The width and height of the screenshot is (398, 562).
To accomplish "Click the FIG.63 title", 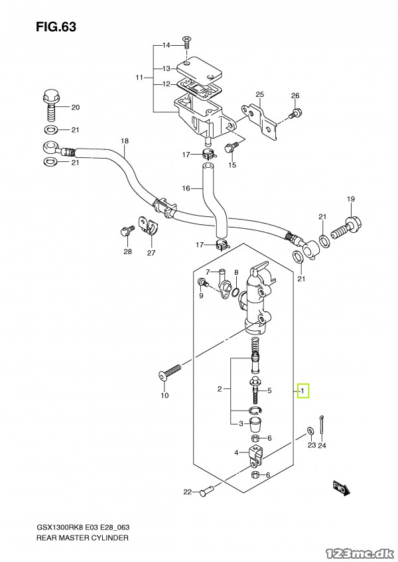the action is pyautogui.click(x=56, y=27).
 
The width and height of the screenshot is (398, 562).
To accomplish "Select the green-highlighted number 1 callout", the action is pyautogui.click(x=303, y=391).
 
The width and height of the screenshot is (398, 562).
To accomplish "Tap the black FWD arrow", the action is pyautogui.click(x=341, y=488).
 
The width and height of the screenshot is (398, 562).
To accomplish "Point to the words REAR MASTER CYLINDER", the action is pyautogui.click(x=82, y=537).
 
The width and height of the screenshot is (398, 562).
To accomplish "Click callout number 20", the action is pyautogui.click(x=75, y=107).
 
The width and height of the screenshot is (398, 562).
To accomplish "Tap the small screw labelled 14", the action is pyautogui.click(x=186, y=43).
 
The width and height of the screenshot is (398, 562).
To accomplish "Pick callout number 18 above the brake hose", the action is pyautogui.click(x=124, y=141).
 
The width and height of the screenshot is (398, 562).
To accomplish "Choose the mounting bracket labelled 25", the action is pyautogui.click(x=261, y=122).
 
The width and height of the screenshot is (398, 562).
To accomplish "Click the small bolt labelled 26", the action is pyautogui.click(x=295, y=113).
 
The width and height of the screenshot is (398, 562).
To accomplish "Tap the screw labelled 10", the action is pyautogui.click(x=170, y=372).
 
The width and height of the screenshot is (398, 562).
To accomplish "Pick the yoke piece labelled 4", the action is pyautogui.click(x=255, y=456).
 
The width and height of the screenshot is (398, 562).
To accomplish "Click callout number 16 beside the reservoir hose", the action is pyautogui.click(x=186, y=188).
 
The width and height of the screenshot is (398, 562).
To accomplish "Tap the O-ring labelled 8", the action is pyautogui.click(x=235, y=293).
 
